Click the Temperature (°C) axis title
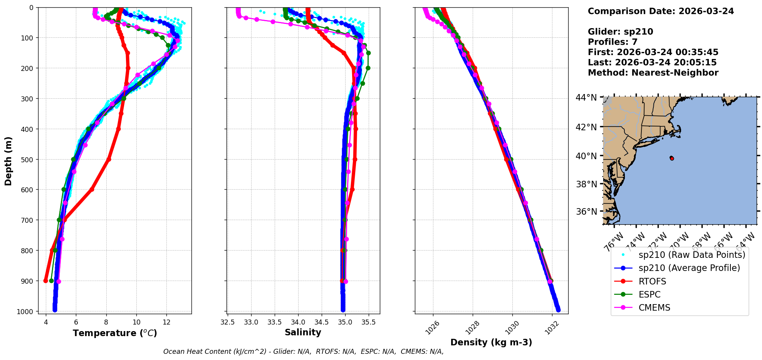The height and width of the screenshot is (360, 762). [115, 333]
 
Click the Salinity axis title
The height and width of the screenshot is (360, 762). [303, 332]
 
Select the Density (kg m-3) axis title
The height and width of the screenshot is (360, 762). [491, 342]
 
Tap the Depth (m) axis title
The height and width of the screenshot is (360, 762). [8, 161]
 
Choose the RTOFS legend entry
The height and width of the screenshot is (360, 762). [652, 281]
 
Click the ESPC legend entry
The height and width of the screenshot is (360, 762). [650, 294]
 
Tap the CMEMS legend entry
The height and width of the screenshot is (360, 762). [654, 308]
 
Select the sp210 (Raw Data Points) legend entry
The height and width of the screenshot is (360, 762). [692, 255]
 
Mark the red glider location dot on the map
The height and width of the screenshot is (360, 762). [672, 158]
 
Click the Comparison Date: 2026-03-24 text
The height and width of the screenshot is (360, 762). [661, 11]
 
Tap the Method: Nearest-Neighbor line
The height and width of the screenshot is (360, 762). [653, 73]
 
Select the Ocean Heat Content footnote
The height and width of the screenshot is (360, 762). [303, 352]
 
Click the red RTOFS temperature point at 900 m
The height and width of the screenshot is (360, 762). [46, 281]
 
